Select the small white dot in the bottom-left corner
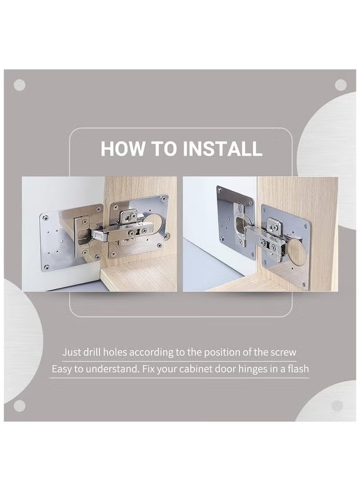point(19,405)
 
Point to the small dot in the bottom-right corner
point(337,405)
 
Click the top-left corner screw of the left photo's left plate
point(44,217)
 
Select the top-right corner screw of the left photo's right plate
point(165,198)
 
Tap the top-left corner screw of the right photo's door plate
point(220,190)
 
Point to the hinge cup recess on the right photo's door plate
point(239,221)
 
